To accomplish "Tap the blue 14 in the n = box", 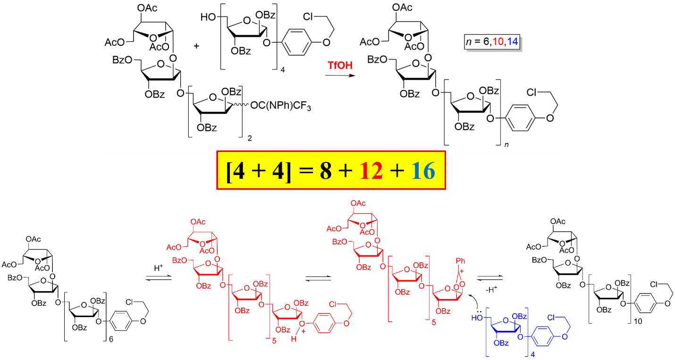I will tap(512, 42).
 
